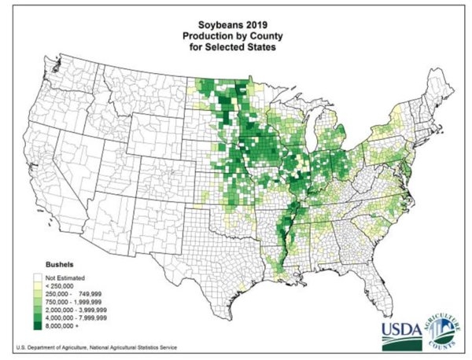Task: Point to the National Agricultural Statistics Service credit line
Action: click(95, 347)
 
